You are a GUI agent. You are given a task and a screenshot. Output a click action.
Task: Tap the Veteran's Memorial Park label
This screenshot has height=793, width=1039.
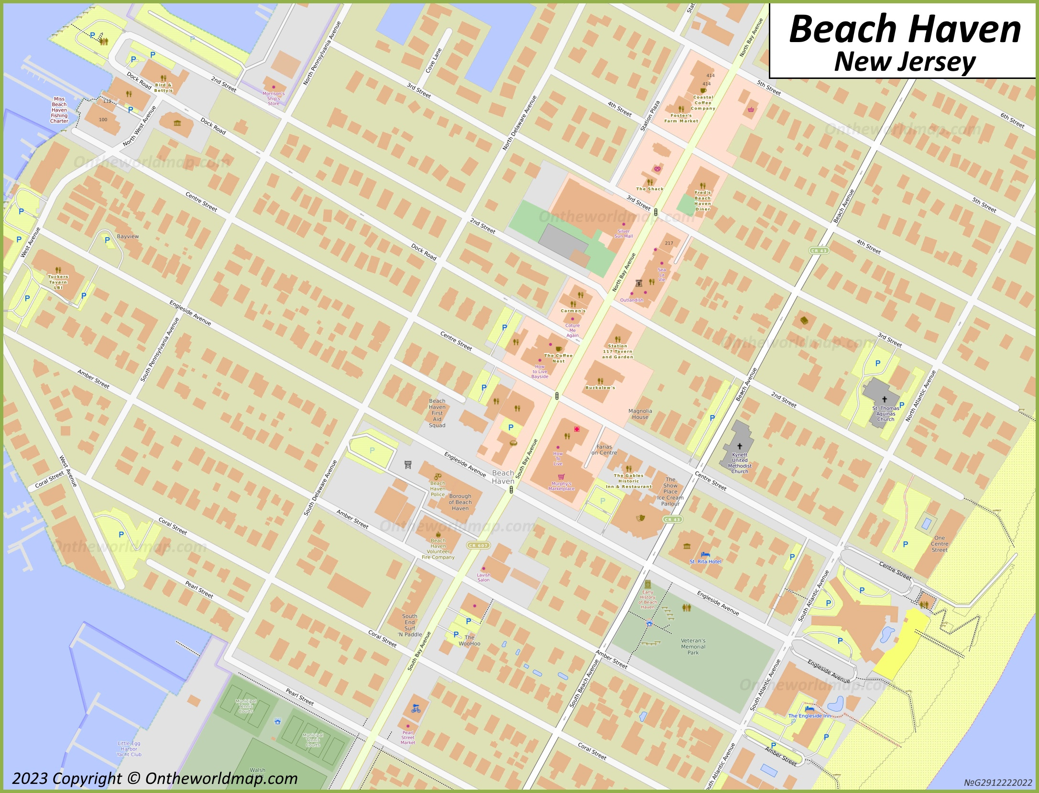click(x=693, y=647)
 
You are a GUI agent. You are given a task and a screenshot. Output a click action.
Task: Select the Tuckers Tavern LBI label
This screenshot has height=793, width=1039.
click(x=58, y=282)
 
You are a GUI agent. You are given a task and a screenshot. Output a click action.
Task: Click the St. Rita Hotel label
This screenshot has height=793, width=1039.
click(x=705, y=562)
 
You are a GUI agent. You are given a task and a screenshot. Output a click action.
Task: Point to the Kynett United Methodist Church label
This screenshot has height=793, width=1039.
click(x=739, y=463)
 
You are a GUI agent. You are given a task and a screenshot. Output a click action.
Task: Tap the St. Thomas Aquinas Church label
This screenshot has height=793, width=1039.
click(x=886, y=414)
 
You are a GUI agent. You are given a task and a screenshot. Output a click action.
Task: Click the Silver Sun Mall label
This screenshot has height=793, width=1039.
click(x=623, y=233)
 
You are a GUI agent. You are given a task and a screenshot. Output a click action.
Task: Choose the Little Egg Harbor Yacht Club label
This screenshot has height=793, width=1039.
click(x=129, y=749)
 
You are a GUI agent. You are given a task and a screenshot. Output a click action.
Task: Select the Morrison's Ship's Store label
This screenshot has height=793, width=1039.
click(x=273, y=99)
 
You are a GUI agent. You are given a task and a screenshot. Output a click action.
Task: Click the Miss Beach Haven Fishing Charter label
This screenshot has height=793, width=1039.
click(x=59, y=110)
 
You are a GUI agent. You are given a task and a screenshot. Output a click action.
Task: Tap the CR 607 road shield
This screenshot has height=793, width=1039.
click(x=478, y=545)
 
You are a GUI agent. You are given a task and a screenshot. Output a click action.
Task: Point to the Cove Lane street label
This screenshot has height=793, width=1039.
click(x=434, y=60)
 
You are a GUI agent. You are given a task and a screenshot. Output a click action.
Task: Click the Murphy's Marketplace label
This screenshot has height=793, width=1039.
click(x=561, y=486)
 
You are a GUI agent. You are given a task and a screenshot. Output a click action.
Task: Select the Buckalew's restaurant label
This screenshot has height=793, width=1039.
click(x=600, y=387)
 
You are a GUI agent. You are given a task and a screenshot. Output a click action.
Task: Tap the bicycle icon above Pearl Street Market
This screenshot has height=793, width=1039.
click(x=416, y=708)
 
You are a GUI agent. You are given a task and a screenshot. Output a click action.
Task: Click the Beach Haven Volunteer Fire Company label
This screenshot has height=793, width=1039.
click(x=438, y=549)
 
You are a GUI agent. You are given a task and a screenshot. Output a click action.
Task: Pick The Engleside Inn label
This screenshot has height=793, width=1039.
click(x=810, y=716)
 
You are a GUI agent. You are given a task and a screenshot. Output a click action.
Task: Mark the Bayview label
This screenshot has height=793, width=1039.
click(x=128, y=236)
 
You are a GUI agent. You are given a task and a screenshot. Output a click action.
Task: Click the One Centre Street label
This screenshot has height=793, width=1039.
click(x=939, y=544)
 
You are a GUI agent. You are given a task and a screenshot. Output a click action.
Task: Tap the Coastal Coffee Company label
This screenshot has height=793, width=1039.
click(x=703, y=103)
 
